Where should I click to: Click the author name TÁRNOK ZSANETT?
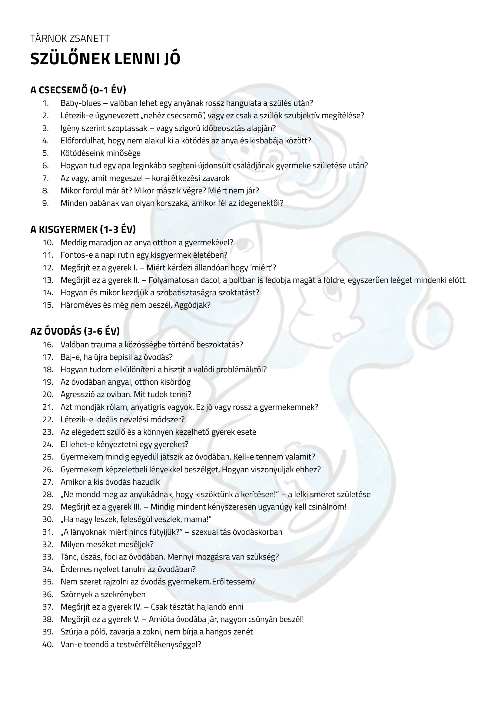pos(70,38)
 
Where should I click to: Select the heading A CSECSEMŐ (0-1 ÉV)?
pos(78,90)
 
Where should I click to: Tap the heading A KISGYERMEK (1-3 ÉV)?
pos(83,229)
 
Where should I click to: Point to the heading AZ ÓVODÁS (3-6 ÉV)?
pos(75,331)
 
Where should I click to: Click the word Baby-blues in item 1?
pos(81,103)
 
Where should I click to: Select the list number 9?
pos(45,203)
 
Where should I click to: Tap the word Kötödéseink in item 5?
pos(80,153)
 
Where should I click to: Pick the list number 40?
pos(48,644)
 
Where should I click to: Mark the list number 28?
pos(48,494)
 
